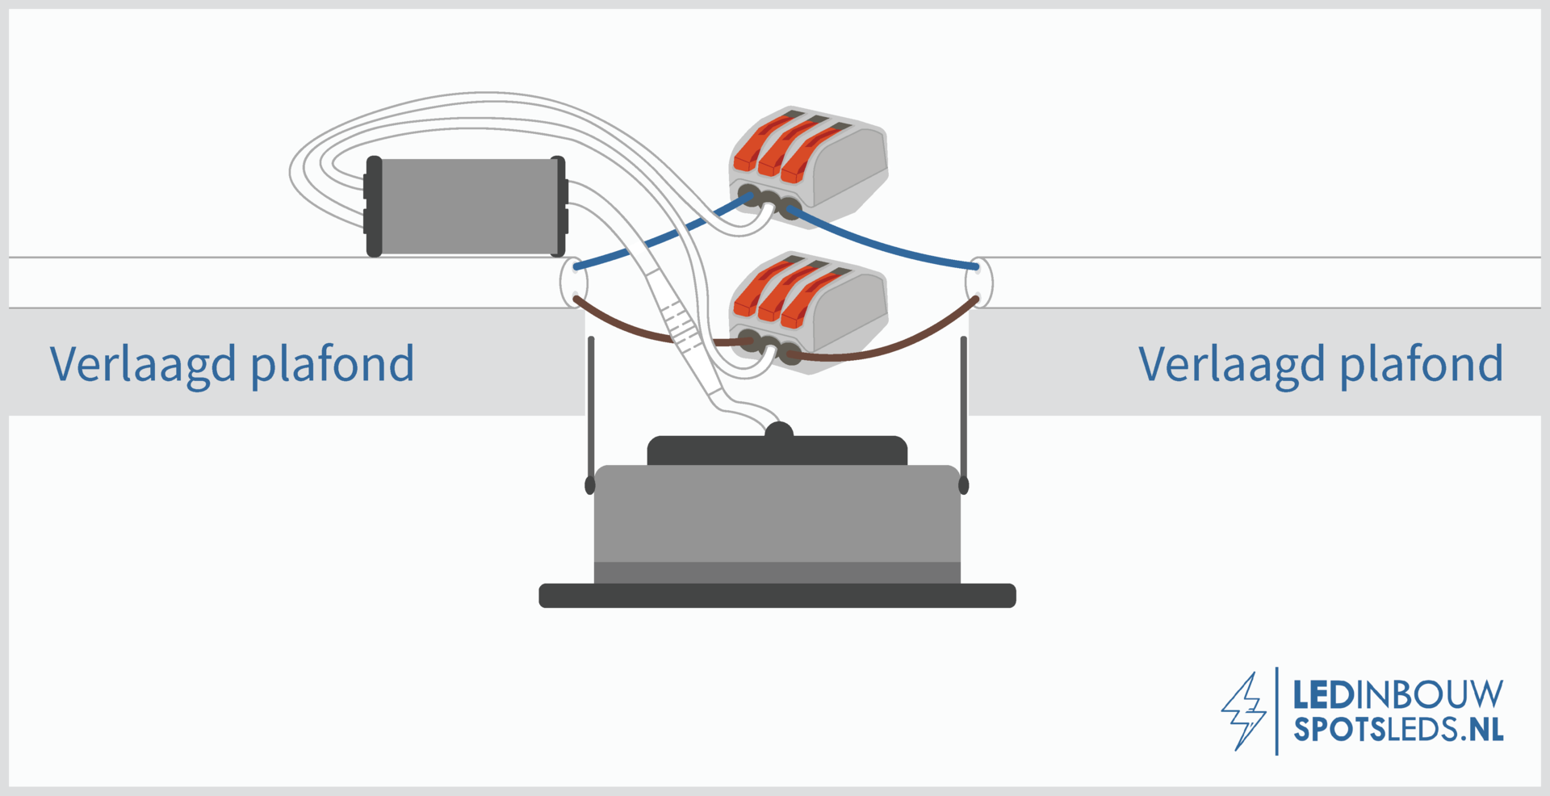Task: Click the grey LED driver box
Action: click(x=467, y=207)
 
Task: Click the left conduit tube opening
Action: click(x=574, y=283)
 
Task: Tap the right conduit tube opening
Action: click(x=979, y=283)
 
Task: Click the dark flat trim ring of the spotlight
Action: click(x=777, y=596)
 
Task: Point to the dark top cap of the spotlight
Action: click(x=777, y=450)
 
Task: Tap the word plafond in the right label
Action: click(x=1422, y=363)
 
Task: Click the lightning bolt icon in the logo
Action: click(x=1243, y=711)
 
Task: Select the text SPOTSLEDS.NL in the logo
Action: click(x=1398, y=729)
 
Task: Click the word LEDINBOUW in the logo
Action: click(x=1398, y=694)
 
